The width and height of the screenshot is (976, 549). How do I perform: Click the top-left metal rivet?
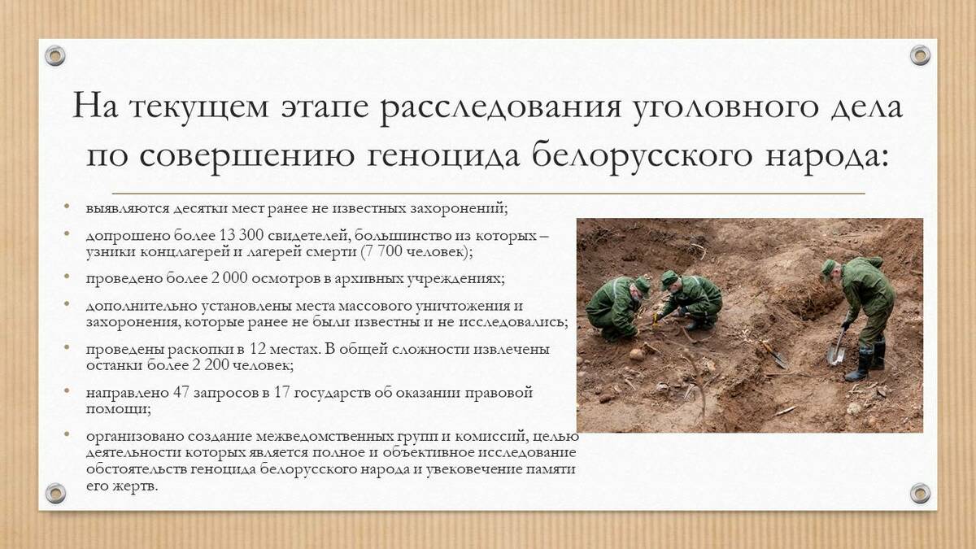[x=55, y=56]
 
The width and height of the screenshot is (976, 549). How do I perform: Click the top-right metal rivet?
[x=920, y=55]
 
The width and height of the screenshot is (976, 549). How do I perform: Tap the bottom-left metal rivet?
[x=55, y=493]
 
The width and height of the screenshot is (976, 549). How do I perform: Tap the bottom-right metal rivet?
[x=920, y=493]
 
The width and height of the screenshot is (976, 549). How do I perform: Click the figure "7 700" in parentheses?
[x=383, y=251]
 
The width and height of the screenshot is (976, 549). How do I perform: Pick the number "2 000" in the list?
[x=229, y=278]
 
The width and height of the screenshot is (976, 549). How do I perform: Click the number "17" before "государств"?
[x=282, y=393]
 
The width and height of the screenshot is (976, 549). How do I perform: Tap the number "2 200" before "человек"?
[x=210, y=365]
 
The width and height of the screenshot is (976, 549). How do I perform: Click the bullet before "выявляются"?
[x=66, y=206]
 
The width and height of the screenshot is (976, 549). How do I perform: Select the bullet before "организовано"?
[x=66, y=434]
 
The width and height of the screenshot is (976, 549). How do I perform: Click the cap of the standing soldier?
[x=829, y=267]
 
